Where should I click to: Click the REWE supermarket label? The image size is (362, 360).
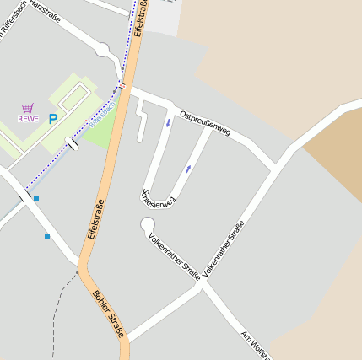point(28,119)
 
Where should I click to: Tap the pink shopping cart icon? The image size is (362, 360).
point(28,108)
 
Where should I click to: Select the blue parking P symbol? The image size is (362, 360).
point(53,120)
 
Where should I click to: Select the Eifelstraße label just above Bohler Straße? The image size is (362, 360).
point(94,221)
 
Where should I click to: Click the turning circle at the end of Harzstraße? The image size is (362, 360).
point(102,50)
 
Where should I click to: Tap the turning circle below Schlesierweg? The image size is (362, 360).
point(148,223)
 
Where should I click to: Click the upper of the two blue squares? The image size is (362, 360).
point(36,199)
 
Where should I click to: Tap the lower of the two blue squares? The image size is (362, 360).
point(47,235)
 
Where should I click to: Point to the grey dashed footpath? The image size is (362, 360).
point(56,312)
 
